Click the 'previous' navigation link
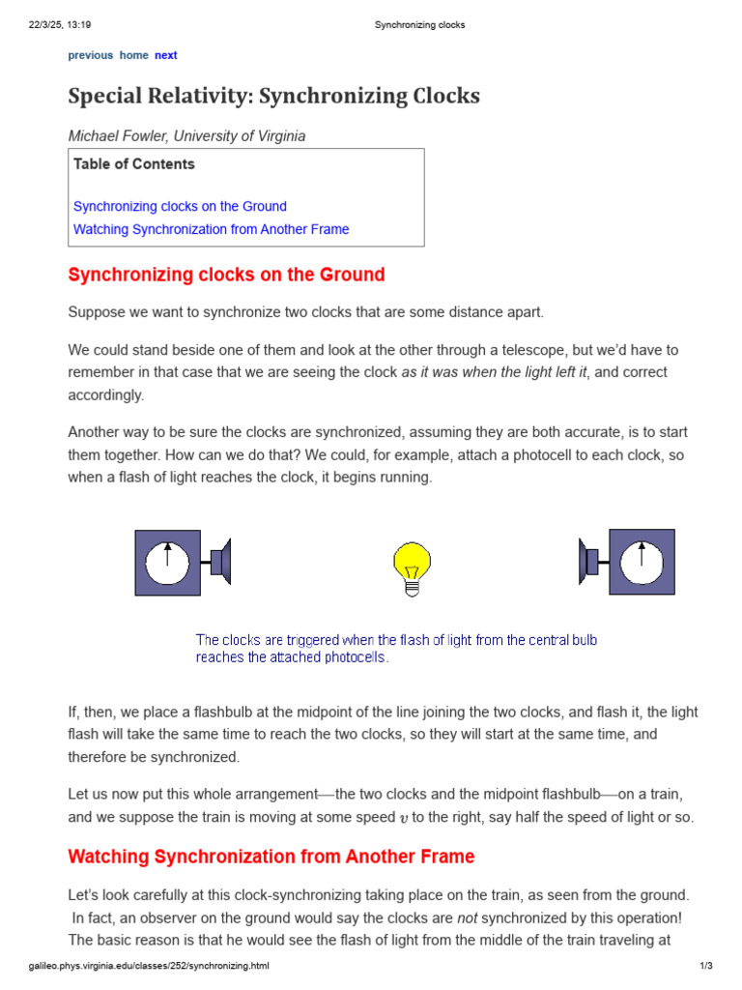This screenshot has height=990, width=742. point(90,55)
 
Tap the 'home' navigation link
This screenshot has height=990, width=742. point(133,55)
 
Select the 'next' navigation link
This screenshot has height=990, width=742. point(166,55)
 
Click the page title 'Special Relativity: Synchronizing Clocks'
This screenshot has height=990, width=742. point(273,97)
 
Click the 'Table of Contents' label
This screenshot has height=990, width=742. point(134,164)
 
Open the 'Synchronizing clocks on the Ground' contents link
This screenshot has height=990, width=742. point(180,206)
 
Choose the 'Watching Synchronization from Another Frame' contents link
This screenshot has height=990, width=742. point(211,229)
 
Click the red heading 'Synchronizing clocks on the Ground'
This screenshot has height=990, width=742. point(226,275)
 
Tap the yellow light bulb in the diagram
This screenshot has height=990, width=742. point(412,564)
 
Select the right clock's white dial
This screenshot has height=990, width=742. point(642,563)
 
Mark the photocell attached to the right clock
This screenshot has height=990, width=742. point(589,562)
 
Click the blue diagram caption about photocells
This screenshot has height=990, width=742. point(396,648)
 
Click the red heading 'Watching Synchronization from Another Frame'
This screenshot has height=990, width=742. point(271,857)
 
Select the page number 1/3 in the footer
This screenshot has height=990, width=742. point(704,966)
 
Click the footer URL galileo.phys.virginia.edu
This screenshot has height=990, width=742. point(148,966)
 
